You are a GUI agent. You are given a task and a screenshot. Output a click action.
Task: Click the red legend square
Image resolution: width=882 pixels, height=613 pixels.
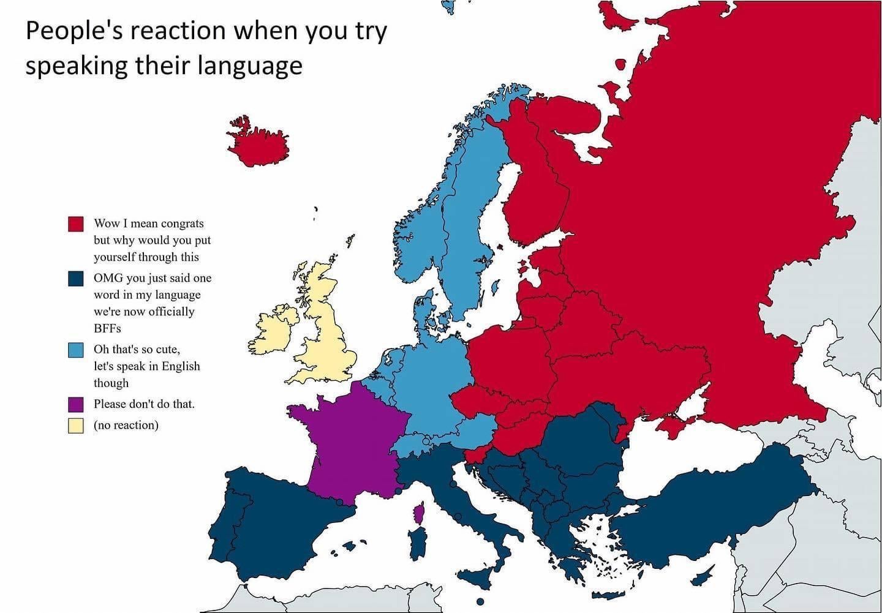[75, 224]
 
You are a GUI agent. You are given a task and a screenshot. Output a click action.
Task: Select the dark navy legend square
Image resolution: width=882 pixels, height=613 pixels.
[75, 278]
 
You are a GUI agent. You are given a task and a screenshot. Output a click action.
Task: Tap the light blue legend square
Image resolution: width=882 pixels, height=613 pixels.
[75, 350]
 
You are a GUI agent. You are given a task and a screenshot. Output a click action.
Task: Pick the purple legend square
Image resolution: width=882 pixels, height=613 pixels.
[75, 404]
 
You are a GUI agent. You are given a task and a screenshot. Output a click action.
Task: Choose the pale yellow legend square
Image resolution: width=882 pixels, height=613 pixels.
[75, 425]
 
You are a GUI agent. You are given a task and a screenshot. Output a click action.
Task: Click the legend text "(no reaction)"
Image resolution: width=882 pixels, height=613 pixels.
[126, 425]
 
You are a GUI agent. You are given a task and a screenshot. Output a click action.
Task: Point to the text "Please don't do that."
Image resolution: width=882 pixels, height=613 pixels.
[144, 404]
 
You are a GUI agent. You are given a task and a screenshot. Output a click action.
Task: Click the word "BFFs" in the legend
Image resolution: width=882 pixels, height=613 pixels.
[107, 328]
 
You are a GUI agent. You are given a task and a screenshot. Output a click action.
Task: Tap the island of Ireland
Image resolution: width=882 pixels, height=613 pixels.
[273, 331]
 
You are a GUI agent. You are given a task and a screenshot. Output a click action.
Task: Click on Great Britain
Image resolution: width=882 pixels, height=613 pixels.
[328, 331]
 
